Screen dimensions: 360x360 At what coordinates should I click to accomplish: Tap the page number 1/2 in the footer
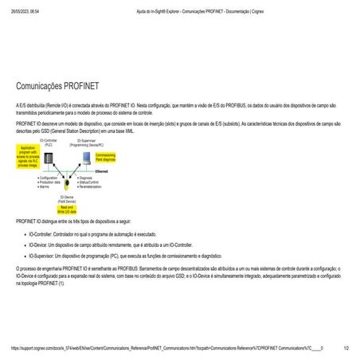346,348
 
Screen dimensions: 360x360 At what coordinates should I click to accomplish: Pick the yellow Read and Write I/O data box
68,209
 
